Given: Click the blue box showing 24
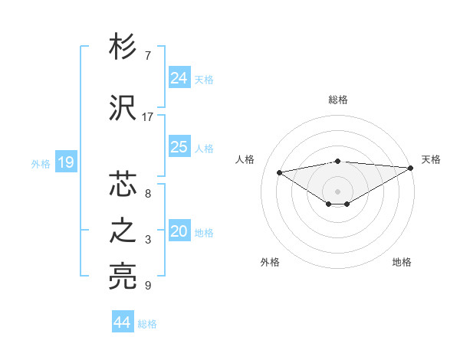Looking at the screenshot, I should [179, 78].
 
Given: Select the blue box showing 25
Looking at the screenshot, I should [179, 147].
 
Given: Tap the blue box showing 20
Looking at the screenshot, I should [179, 231].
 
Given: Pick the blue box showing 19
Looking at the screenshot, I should [66, 162].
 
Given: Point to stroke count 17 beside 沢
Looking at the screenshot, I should [148, 117].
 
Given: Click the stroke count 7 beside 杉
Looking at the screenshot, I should [148, 56].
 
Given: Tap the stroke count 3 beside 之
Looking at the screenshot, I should [148, 240].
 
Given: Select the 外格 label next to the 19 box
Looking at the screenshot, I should [41, 163].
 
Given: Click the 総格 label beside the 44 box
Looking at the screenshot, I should [147, 324].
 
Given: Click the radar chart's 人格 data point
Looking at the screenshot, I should [279, 172].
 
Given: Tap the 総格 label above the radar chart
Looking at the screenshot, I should [338, 100].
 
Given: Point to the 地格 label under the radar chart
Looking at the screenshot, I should [402, 262].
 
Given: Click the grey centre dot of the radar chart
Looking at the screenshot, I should [337, 190].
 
